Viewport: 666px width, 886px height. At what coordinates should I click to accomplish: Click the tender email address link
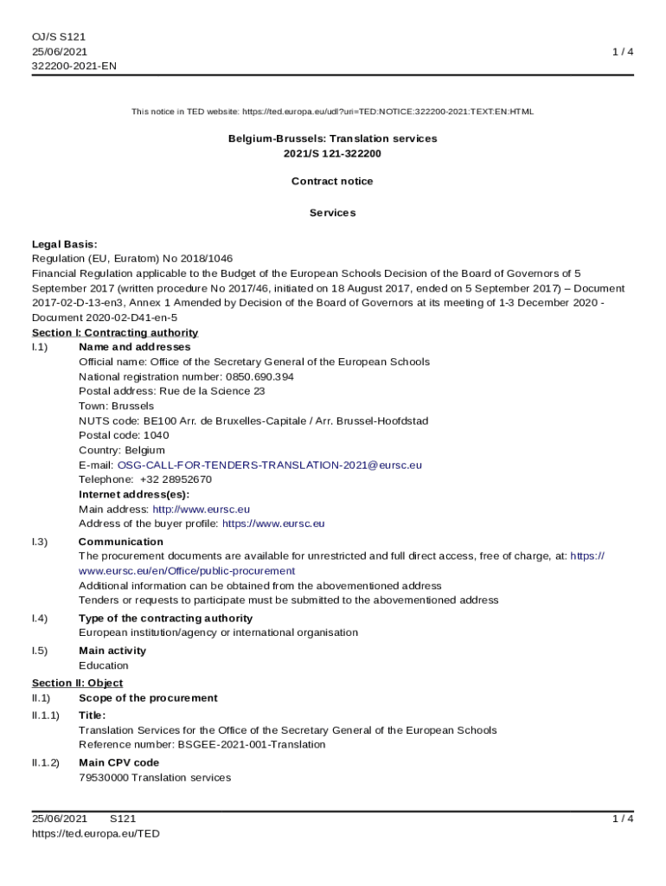(270, 465)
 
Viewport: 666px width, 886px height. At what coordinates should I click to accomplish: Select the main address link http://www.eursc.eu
(201, 510)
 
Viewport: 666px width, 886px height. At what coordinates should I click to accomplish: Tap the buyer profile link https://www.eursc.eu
(273, 523)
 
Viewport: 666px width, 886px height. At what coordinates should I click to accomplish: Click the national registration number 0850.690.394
(259, 376)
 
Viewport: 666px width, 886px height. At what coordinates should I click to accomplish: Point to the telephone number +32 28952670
(176, 479)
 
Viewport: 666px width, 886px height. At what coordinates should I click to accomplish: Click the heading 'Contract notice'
(332, 182)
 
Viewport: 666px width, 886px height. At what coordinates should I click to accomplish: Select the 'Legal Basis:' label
(65, 244)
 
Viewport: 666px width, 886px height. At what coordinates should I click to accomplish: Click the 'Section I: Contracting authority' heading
(115, 332)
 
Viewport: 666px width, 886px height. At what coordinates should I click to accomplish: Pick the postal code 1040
(157, 435)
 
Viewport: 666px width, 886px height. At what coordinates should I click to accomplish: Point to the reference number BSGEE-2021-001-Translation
(252, 744)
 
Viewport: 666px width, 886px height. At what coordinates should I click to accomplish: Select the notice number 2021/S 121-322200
(332, 153)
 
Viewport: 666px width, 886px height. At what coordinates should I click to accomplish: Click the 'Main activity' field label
(112, 651)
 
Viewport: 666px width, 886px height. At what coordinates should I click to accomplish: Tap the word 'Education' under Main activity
(104, 665)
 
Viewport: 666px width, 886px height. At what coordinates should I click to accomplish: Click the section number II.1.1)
(46, 716)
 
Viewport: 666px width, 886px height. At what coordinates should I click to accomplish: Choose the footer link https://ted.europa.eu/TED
(96, 833)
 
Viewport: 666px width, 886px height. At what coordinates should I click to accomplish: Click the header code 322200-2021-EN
(74, 66)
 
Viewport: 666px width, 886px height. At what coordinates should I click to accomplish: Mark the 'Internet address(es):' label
(134, 494)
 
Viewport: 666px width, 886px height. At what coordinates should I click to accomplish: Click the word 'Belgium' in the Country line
(144, 450)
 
